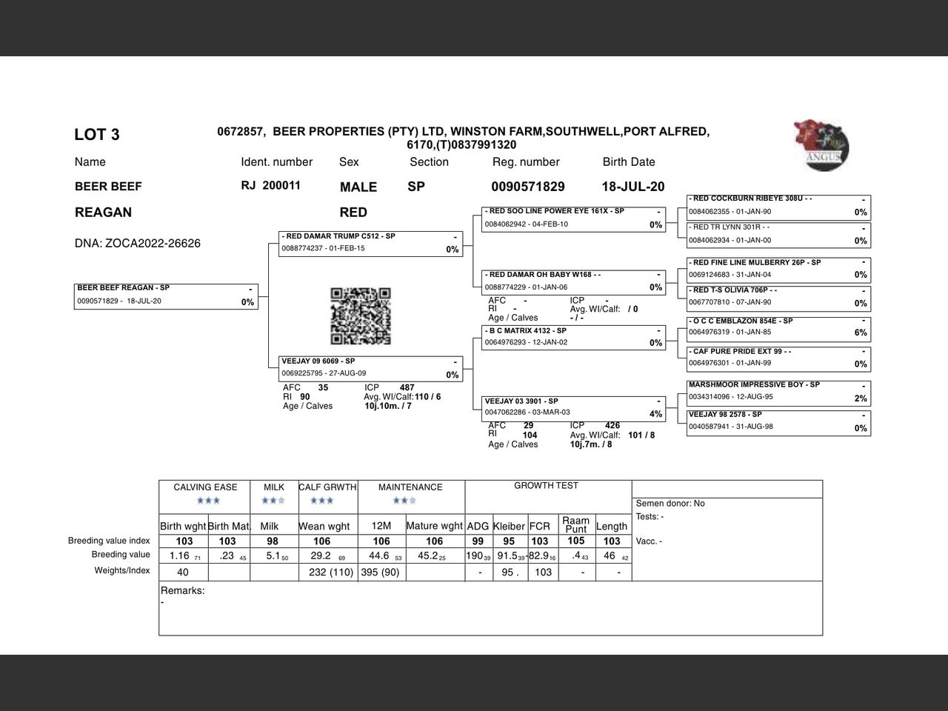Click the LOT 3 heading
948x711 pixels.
coord(97,135)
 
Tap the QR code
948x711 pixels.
coord(360,316)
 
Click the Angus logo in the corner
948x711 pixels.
coord(821,145)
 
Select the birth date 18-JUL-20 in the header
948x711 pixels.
coord(633,187)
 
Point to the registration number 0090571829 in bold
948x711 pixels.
coord(527,187)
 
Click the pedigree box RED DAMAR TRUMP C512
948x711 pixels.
coord(371,243)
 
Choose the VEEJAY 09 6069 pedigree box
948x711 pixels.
coord(371,368)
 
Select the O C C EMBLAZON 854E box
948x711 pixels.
coord(778,327)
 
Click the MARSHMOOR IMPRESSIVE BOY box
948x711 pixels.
coord(778,391)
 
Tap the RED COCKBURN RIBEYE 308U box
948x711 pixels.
coord(778,205)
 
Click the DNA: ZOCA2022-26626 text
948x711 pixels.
coord(138,244)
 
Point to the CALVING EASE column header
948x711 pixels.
coord(205,487)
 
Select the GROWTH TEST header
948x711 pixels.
coord(546,486)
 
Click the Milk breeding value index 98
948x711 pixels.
coord(273,541)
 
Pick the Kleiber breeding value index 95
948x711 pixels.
coord(509,541)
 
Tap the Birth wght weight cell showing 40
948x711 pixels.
coord(183,572)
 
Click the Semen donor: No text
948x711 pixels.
coord(670,504)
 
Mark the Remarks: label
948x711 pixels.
coord(182,591)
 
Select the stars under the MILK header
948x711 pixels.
coord(273,501)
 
